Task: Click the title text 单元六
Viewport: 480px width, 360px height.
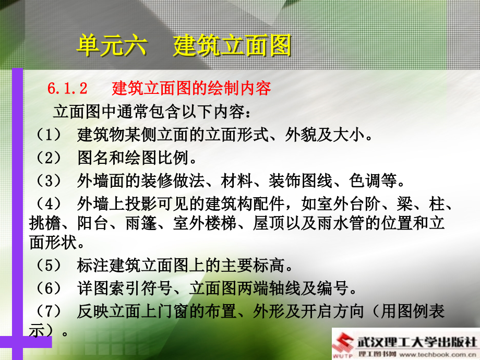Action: [x=112, y=46]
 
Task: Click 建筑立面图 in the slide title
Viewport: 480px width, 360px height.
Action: [x=232, y=46]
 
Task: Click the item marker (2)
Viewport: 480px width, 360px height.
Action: [x=49, y=158]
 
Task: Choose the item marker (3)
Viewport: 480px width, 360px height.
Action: [x=49, y=181]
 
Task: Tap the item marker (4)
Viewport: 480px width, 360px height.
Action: [x=49, y=203]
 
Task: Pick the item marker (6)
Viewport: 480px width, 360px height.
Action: [x=49, y=288]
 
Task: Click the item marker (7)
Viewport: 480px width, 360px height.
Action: [x=49, y=311]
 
